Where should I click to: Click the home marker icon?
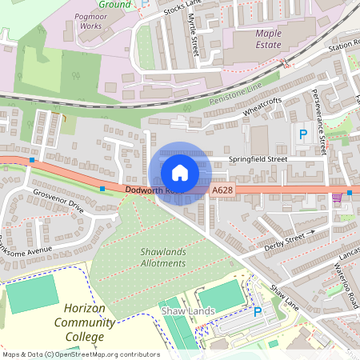[180, 172]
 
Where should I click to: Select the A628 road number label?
[223, 190]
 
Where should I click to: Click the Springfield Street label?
[258, 159]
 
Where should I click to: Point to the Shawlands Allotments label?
[163, 257]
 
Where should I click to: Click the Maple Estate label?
[274, 39]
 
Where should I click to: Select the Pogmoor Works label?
[87, 21]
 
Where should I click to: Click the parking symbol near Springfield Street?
[302, 135]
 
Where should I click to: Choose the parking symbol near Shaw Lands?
[258, 312]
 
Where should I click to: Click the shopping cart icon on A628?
[337, 196]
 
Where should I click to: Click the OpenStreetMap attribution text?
[80, 354]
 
